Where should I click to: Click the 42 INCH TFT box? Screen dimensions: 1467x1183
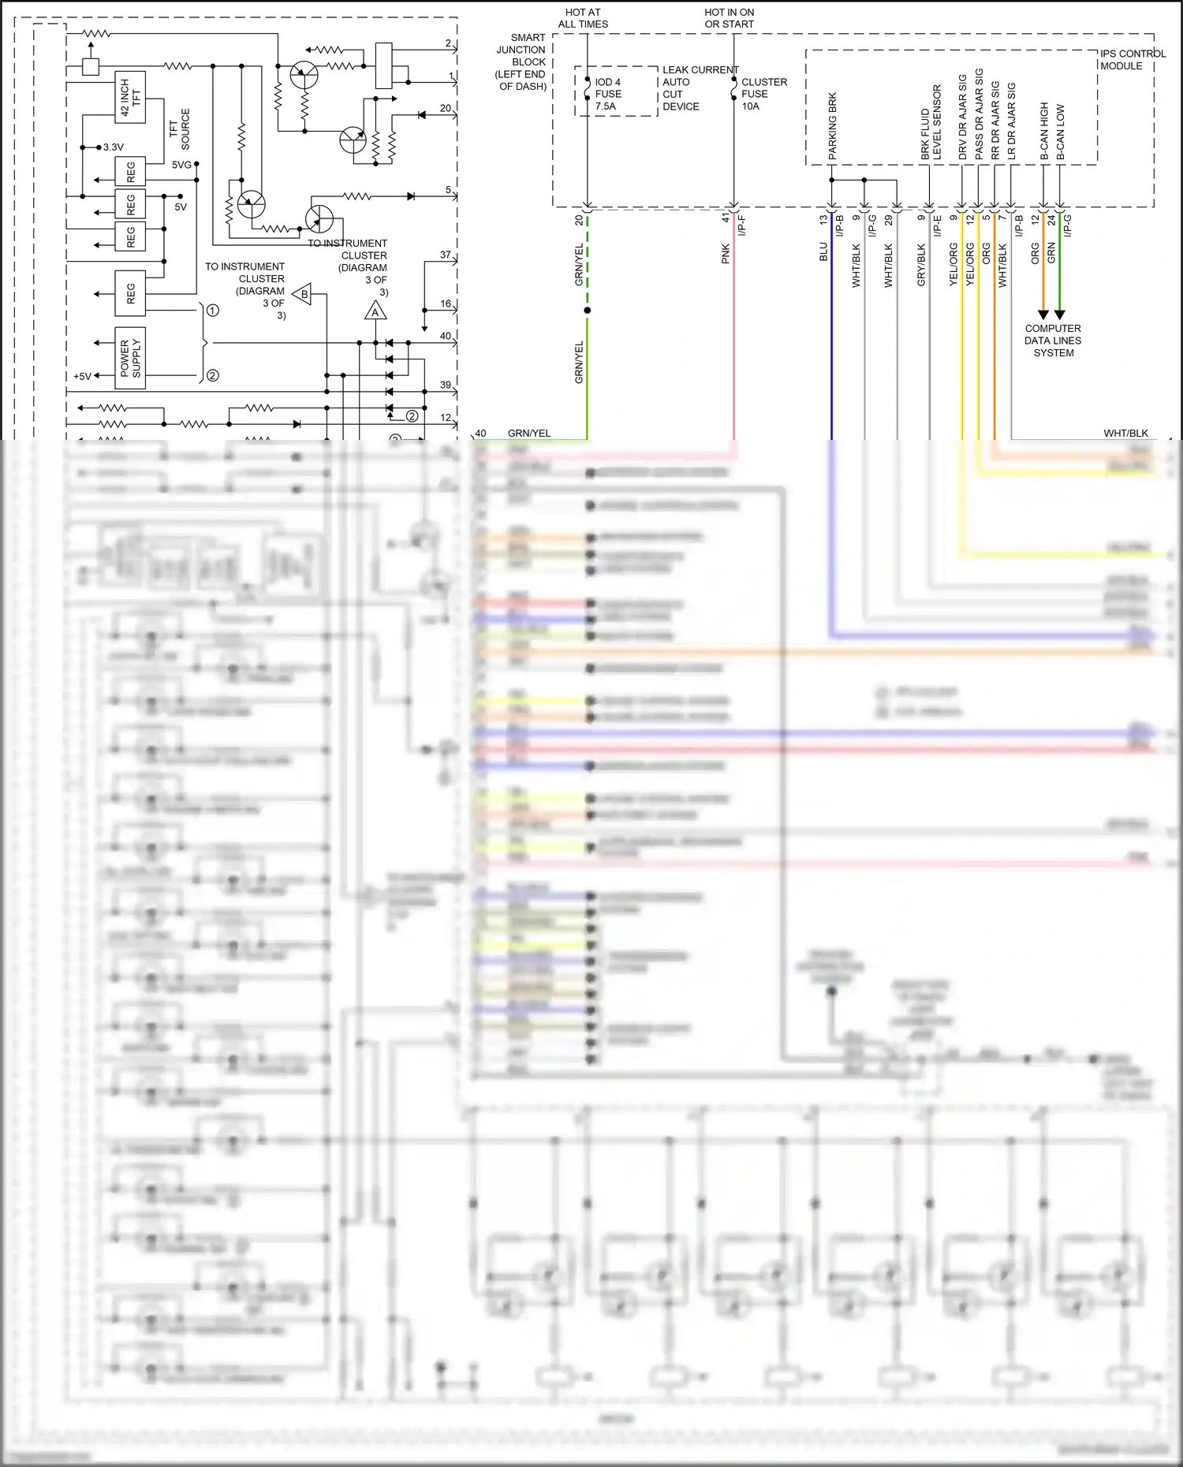(131, 97)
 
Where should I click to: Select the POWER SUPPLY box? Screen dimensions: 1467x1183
(130, 358)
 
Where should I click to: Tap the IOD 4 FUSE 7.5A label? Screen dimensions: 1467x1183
(608, 94)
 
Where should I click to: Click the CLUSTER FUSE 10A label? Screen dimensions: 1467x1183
(763, 94)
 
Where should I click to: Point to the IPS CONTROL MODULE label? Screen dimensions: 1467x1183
(1132, 60)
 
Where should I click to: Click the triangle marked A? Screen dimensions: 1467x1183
(375, 312)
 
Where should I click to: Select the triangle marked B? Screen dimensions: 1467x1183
(303, 295)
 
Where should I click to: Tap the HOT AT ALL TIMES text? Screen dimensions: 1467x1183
(583, 18)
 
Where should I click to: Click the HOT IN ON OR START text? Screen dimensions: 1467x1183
(729, 18)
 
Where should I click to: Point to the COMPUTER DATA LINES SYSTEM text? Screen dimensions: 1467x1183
(1053, 341)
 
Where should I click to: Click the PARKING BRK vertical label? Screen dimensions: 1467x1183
(832, 126)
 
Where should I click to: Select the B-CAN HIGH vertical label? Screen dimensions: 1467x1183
(1044, 131)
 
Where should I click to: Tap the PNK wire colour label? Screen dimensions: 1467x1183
(726, 253)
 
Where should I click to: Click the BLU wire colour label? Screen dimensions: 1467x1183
(823, 251)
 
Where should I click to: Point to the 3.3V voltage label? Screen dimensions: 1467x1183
(114, 147)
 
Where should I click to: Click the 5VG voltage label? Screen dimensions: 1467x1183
(181, 165)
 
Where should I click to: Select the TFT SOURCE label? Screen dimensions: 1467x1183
(180, 129)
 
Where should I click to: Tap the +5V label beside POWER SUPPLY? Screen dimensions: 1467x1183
(82, 376)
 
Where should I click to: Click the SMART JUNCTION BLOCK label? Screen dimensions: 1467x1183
(523, 61)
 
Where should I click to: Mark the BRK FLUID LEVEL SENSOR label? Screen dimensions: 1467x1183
(931, 123)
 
